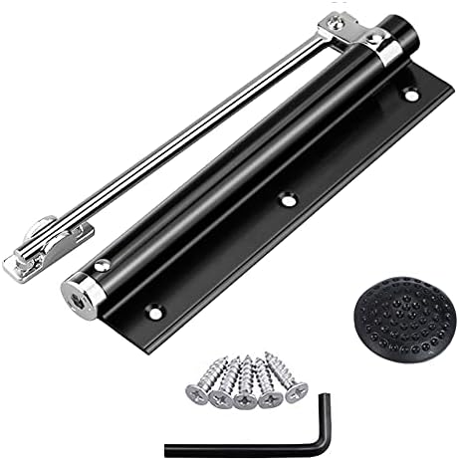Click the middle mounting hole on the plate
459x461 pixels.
pos(289,199)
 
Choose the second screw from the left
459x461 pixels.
pos(221,386)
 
